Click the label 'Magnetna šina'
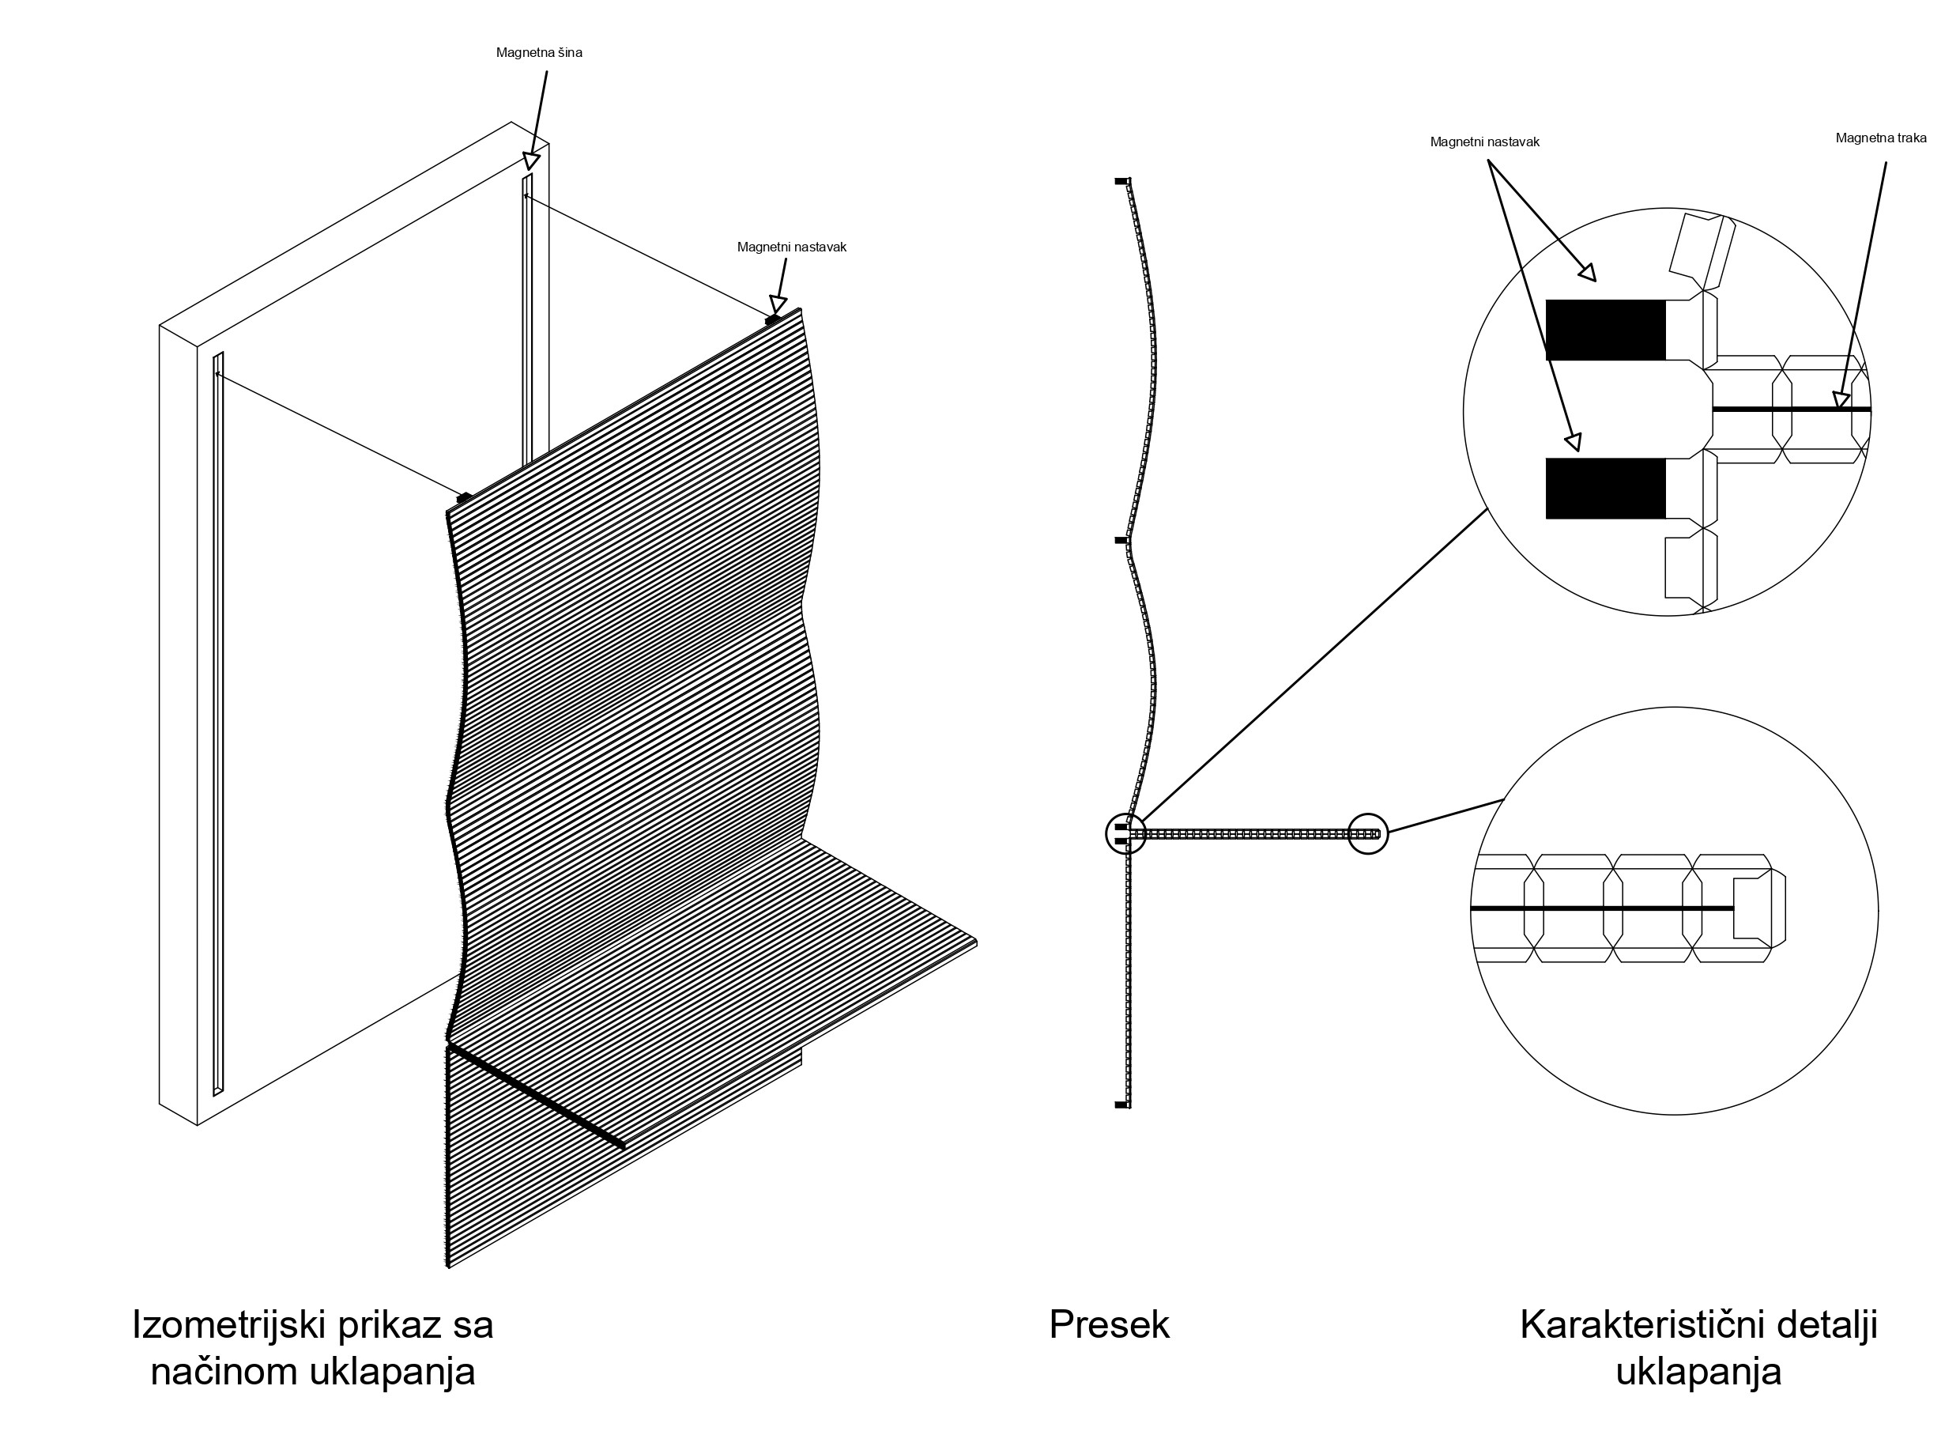[x=538, y=53]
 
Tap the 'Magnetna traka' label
[x=1880, y=138]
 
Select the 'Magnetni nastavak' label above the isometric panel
[x=791, y=247]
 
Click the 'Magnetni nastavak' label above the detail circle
[x=1484, y=142]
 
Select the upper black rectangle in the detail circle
[x=1605, y=330]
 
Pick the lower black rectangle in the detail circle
[x=1605, y=488]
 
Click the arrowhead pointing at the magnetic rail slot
[x=531, y=160]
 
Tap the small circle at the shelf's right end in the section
[x=1367, y=834]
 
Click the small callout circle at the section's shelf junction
[x=1125, y=834]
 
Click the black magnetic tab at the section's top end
[x=1121, y=182]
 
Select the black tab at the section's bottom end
[x=1121, y=1105]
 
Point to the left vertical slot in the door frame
[x=218, y=721]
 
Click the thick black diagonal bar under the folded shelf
[x=536, y=1097]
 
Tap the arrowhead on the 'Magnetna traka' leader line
[x=1840, y=399]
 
